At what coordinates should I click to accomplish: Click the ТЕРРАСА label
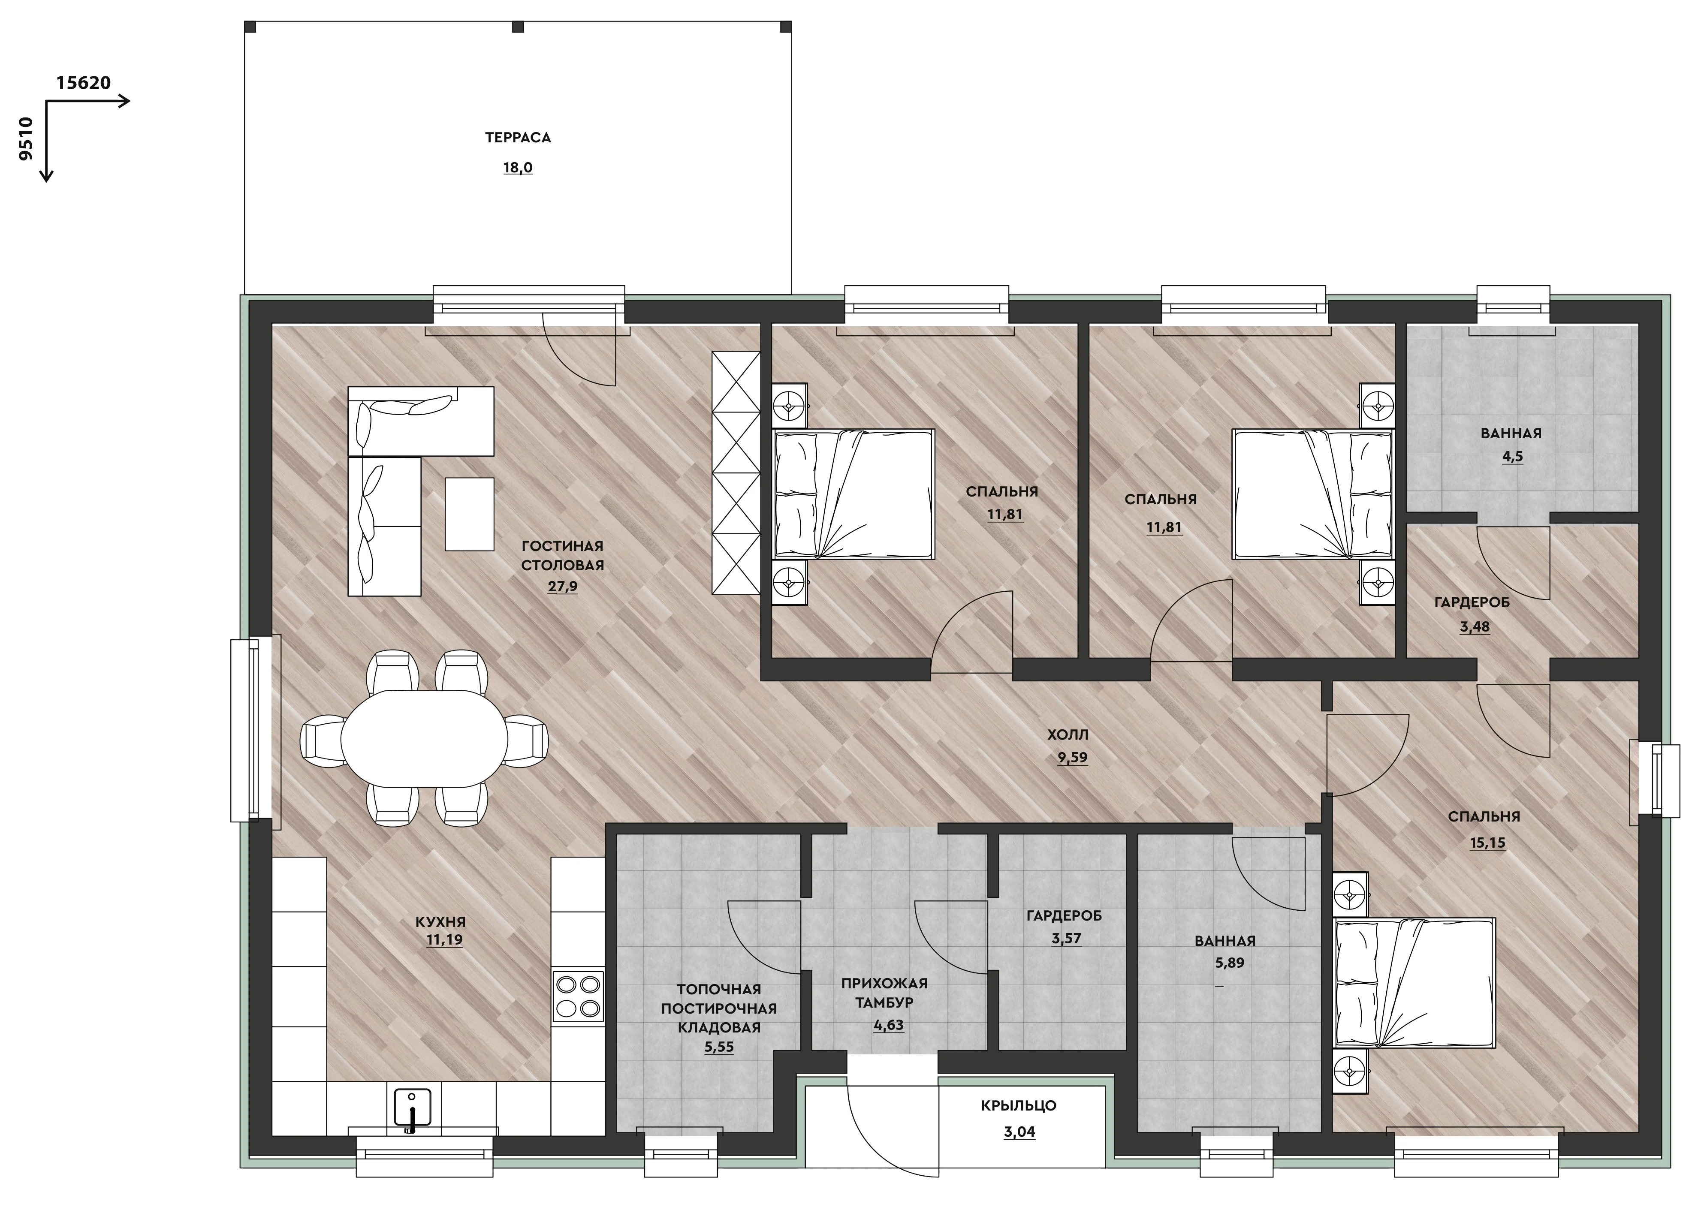pyautogui.click(x=518, y=138)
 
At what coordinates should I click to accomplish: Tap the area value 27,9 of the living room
pyautogui.click(x=563, y=587)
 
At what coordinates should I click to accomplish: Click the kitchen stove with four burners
pyautogui.click(x=578, y=996)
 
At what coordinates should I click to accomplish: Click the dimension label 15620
pyautogui.click(x=84, y=83)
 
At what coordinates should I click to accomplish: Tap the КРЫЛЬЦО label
pyautogui.click(x=1019, y=1106)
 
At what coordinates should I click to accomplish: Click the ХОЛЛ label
pyautogui.click(x=1068, y=734)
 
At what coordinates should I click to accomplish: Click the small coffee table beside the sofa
pyautogui.click(x=469, y=514)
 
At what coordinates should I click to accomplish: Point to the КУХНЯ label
pyautogui.click(x=440, y=922)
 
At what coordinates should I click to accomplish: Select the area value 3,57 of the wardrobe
pyautogui.click(x=1066, y=938)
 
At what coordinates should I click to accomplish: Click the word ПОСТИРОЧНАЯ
pyautogui.click(x=719, y=1009)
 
